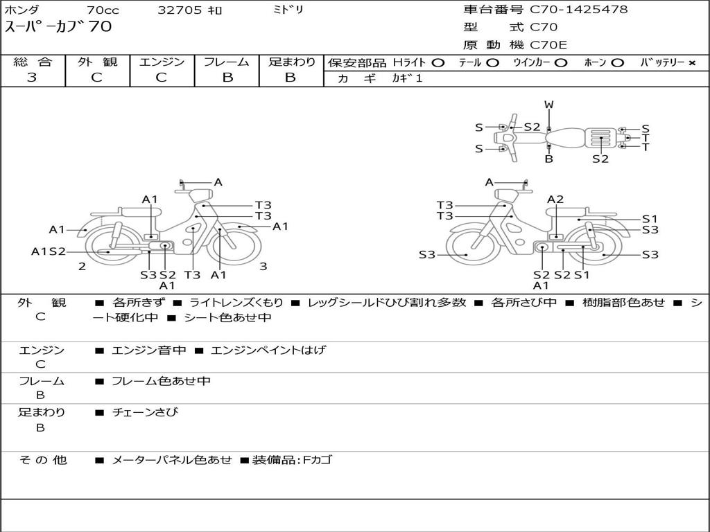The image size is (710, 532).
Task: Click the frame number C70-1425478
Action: (579, 10)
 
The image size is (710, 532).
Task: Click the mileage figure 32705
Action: (180, 10)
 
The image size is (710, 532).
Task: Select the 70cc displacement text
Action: (103, 10)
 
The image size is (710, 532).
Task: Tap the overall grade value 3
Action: (32, 78)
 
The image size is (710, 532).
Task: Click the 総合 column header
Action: (33, 62)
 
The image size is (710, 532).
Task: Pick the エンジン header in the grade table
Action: (162, 62)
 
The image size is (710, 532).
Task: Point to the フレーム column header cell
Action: (227, 62)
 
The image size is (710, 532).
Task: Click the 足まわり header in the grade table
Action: (291, 62)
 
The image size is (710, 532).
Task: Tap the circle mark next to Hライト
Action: (438, 63)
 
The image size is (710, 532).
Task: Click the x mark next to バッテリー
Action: (691, 63)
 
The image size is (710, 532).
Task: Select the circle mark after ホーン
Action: (617, 63)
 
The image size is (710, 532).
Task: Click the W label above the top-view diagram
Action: (549, 105)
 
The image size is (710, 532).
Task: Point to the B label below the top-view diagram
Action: (549, 159)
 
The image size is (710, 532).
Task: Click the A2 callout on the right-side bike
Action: (555, 199)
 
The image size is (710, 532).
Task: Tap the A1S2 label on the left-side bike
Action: (48, 251)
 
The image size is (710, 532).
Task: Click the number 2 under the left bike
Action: (82, 266)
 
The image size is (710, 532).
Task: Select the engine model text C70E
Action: (548, 46)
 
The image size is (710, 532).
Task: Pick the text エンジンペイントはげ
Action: (268, 350)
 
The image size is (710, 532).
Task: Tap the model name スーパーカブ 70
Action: (58, 28)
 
